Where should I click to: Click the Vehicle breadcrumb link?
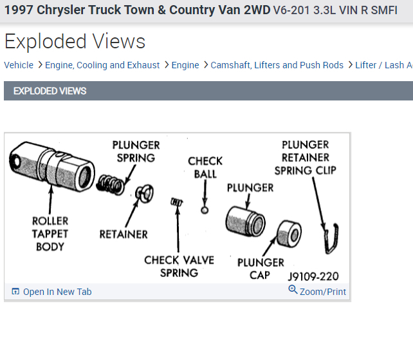pyautogui.click(x=19, y=65)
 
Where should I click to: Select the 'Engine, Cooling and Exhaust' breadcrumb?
pyautogui.click(x=102, y=65)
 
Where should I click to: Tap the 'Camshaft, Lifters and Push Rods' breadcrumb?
pyautogui.click(x=277, y=65)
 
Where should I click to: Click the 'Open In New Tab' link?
pyautogui.click(x=57, y=292)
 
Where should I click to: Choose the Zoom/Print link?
pyautogui.click(x=322, y=292)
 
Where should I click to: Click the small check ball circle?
pyautogui.click(x=205, y=209)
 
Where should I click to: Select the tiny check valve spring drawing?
pyautogui.click(x=177, y=204)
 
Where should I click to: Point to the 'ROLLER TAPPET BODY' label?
pyautogui.click(x=50, y=233)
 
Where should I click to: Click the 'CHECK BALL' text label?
pyautogui.click(x=205, y=167)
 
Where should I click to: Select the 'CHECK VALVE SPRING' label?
pyautogui.click(x=179, y=266)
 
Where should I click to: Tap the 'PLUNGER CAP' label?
pyautogui.click(x=261, y=269)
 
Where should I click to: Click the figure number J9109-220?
pyautogui.click(x=313, y=276)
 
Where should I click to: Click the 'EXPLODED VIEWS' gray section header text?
pyautogui.click(x=50, y=91)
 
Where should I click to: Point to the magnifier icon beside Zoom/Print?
pyautogui.click(x=293, y=290)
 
